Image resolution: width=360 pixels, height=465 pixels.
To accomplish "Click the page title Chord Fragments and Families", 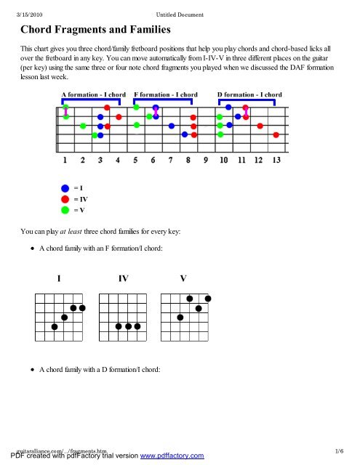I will coord(95,31).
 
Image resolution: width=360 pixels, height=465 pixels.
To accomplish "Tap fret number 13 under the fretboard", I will coord(276,160).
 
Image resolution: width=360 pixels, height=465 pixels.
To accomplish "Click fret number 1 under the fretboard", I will coord(65,160).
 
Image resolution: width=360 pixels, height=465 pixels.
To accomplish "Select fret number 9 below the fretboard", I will coord(206,160).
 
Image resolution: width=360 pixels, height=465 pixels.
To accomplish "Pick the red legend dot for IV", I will coord(65,198).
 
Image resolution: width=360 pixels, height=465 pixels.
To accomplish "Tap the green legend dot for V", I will coord(65,210).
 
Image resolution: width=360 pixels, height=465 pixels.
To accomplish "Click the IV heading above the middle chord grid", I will coord(124,279).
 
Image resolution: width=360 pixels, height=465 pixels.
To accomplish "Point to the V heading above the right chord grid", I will coord(184,279).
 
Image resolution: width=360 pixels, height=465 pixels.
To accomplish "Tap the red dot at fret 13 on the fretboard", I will coord(276,134).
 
